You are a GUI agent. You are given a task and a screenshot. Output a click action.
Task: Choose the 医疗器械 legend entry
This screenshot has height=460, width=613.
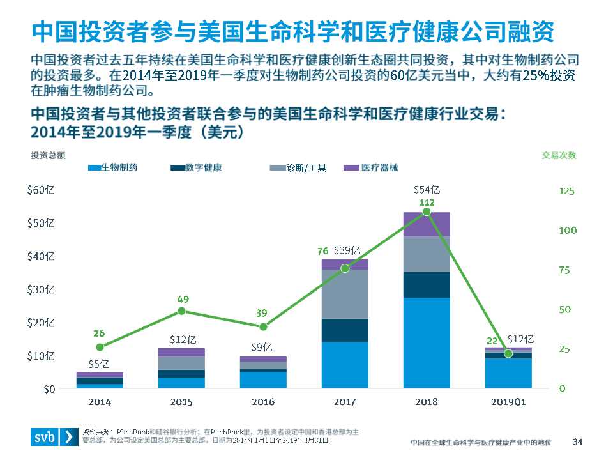[x=371, y=168]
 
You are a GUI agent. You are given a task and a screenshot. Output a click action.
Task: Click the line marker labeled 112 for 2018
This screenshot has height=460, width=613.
[x=427, y=211]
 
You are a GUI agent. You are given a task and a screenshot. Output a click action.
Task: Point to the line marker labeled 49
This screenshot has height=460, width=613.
[x=181, y=311]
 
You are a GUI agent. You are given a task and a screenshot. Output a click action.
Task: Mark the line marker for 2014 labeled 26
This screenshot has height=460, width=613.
[x=100, y=347]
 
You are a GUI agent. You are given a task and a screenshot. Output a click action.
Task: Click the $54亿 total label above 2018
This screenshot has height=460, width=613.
[x=427, y=190]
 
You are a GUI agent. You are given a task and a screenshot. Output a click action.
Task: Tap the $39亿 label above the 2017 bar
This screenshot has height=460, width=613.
[x=347, y=250]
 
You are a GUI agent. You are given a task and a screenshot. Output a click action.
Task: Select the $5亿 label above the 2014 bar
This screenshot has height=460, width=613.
[x=100, y=364]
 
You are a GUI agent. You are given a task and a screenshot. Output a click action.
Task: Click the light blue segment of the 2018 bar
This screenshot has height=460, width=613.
[x=427, y=342]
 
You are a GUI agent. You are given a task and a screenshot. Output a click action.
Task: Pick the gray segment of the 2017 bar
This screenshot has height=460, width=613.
[x=345, y=294]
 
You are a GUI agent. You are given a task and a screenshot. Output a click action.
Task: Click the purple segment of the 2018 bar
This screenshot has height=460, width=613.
[x=427, y=224]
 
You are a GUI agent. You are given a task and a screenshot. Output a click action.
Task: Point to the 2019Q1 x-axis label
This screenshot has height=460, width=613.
[x=508, y=402]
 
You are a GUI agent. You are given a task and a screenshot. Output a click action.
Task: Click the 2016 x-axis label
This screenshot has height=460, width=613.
[x=263, y=402]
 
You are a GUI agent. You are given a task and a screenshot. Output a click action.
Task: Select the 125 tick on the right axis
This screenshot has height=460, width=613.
[x=566, y=191]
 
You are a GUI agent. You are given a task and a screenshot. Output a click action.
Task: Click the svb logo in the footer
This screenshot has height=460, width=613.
[x=54, y=438]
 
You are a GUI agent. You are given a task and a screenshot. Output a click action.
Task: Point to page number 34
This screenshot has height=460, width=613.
[x=578, y=441]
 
